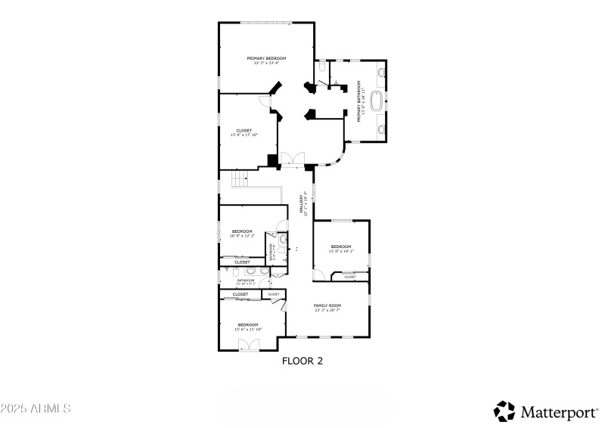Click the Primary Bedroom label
point(266,58)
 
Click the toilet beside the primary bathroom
point(322,69)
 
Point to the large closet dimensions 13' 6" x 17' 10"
point(244,135)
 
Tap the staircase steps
point(240,180)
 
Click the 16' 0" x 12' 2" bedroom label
point(242,236)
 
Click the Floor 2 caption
point(302,361)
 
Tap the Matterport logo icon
point(504,411)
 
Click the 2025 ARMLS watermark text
point(36,408)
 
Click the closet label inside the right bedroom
point(349,277)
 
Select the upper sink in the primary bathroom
point(380,73)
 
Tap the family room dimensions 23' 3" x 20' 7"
point(327,310)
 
